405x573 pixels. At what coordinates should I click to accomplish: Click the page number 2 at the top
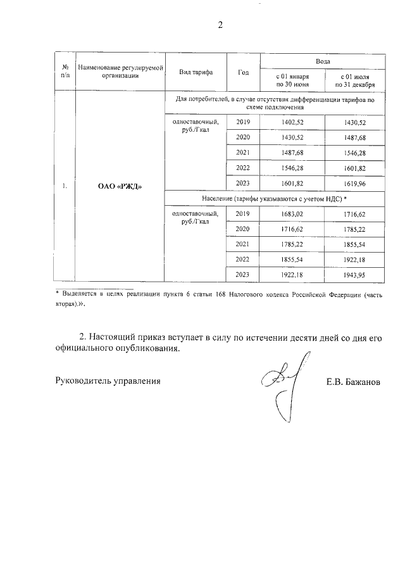coord(220,25)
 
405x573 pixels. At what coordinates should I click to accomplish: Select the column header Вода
coord(323,61)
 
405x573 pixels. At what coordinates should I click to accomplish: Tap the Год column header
coord(243,72)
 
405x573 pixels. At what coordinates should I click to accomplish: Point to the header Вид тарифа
coord(196,72)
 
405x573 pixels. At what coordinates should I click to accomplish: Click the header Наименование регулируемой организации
coord(120,72)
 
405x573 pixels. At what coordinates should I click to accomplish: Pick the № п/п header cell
coord(65,72)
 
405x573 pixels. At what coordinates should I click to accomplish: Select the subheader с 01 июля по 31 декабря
coord(354,80)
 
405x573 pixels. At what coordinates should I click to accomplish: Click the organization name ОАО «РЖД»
coord(120,187)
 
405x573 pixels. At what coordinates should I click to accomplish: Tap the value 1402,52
coord(292,122)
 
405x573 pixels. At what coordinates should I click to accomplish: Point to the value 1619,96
coord(354,184)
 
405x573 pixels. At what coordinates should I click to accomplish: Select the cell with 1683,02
coord(292,214)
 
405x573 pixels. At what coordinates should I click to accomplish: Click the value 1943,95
coord(354,274)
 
